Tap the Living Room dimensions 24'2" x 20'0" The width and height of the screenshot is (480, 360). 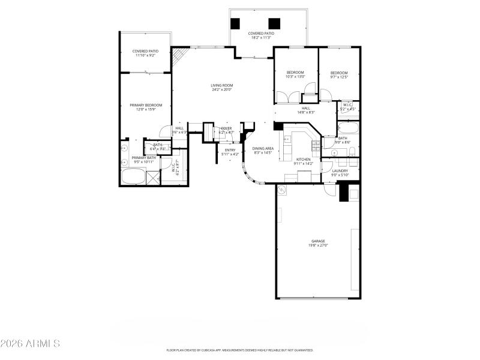pos(221,89)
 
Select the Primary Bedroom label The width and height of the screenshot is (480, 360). pos(146,105)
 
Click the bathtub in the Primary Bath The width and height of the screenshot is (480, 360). pos(133,177)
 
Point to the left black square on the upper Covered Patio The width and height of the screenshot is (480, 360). pos(236,23)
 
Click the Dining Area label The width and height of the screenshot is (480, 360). pos(263,148)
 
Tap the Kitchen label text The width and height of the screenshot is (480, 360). pos(304,160)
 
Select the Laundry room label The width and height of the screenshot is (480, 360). pos(340,171)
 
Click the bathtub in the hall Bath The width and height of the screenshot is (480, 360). pos(348,128)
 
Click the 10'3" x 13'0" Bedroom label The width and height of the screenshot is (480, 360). pos(295,73)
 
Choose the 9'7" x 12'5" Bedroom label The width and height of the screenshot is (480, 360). pos(339,73)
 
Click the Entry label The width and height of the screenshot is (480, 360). pos(230,150)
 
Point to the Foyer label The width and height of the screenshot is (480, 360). pos(226,128)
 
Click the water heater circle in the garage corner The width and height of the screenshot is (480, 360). pos(283,191)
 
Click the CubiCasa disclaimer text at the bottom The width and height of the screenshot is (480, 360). pos(240,350)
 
